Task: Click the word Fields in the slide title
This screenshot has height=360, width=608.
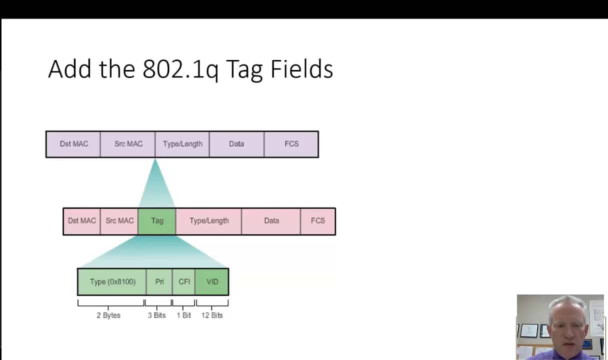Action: click(301, 69)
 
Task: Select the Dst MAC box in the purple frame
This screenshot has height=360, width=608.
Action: click(73, 144)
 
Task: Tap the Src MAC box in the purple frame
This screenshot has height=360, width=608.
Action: click(128, 144)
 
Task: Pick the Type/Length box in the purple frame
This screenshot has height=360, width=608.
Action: click(182, 144)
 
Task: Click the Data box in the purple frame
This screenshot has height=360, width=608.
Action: click(236, 144)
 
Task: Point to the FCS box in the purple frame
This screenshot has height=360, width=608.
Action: click(291, 144)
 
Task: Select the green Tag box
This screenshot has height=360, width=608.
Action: click(157, 221)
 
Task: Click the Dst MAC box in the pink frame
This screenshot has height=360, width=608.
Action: click(81, 221)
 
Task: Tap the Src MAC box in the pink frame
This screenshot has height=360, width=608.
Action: click(119, 221)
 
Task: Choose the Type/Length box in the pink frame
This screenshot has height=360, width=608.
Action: click(209, 221)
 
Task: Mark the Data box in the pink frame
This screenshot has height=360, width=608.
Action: click(271, 221)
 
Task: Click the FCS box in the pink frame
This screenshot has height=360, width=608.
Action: click(318, 221)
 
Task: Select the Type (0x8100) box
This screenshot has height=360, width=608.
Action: click(112, 282)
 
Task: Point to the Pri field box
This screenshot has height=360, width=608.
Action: click(159, 282)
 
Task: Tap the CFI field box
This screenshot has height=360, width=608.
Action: click(184, 282)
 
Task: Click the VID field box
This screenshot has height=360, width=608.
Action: click(212, 282)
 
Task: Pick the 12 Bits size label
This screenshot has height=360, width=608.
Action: click(212, 315)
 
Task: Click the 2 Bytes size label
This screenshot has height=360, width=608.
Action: click(108, 315)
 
